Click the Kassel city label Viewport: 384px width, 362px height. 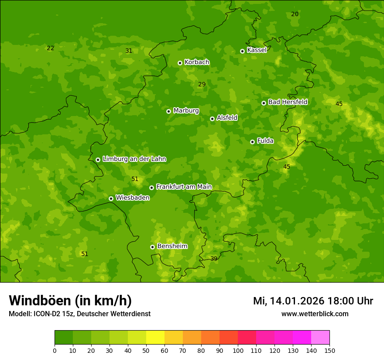point(257,50)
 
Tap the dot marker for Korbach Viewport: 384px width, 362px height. point(180,63)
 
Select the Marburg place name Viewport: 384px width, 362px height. point(186,111)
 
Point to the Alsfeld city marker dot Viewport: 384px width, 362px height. point(212,119)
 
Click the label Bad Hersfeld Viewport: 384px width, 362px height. point(288,102)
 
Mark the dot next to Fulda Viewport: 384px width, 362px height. point(252,142)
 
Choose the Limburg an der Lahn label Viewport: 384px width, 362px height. point(134,159)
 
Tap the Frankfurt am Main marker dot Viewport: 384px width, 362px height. point(151,188)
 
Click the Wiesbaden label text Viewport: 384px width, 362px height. point(133,198)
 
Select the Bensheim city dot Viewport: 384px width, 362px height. point(152,247)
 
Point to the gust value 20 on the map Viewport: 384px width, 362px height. point(295,14)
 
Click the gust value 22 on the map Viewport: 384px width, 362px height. point(51,48)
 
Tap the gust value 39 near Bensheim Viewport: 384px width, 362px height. point(214,259)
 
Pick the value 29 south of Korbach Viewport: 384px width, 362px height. point(202,84)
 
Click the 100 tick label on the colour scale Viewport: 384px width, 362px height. point(238,350)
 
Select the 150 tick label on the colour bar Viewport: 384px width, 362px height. point(329,350)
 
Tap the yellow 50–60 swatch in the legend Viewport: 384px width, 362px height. point(155,338)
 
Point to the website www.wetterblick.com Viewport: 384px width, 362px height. point(315,314)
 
